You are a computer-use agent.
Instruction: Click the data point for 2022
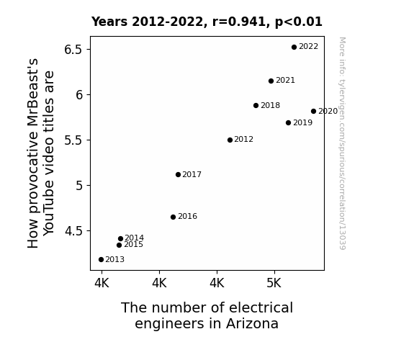294,47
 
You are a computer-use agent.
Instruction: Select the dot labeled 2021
271,81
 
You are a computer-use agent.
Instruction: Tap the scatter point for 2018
256,105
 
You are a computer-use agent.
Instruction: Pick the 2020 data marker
313,111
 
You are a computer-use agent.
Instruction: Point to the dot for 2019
288,123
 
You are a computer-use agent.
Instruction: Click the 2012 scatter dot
230,140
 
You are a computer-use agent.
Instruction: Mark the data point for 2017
179,174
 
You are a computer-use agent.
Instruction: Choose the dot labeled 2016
174,217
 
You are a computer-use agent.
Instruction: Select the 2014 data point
121,238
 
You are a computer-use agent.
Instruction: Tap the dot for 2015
119,245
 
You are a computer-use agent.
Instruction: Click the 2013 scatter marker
101,260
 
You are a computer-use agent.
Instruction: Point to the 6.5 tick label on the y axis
73,50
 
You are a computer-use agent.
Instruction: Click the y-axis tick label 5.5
73,140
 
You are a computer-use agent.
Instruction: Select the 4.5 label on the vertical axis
73,231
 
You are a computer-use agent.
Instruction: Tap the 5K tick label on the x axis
274,284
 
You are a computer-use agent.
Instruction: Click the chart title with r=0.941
207,22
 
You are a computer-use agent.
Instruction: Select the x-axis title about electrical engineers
207,315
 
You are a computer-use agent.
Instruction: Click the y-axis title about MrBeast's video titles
40,153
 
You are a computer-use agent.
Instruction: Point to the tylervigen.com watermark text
342,143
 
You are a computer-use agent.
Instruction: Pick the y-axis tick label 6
79,95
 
